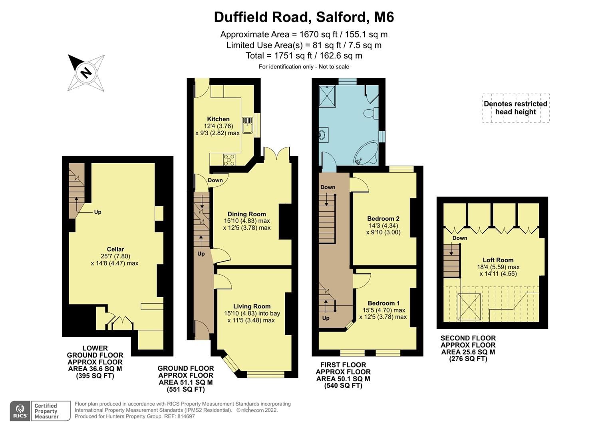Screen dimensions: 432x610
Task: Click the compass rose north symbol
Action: coord(86,72)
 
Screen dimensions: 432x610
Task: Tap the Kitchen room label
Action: coord(218,119)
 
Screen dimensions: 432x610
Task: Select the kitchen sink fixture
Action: coord(248,124)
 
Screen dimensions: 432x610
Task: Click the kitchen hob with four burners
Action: coord(230,160)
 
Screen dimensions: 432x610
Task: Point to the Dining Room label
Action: coord(246,214)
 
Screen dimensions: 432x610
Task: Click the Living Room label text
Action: coord(252,306)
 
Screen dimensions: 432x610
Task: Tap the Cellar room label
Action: coord(115,249)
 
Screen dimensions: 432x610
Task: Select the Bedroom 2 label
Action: coord(383,218)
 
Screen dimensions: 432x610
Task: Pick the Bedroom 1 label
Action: coord(383,303)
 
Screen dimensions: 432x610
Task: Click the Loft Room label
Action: coord(498,260)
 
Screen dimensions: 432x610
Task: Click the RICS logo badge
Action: coord(20,411)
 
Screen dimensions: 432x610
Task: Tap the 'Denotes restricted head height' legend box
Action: coord(515,108)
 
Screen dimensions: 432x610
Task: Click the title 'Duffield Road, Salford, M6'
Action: coord(304,17)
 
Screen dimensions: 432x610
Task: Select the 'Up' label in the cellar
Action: coord(97,212)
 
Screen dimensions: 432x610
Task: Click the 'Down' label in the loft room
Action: coord(459,238)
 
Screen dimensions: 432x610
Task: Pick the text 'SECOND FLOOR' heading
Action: coord(468,338)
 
